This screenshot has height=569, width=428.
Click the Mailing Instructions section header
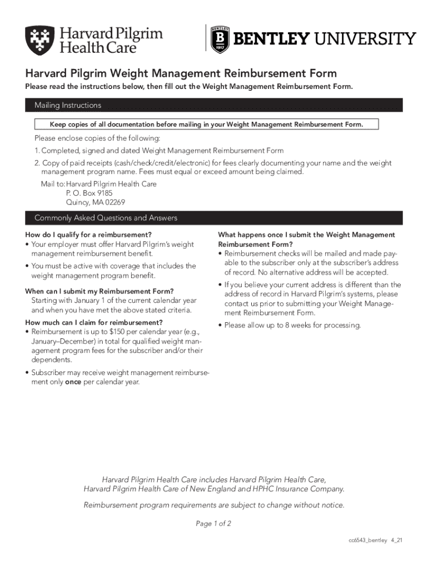click(x=68, y=105)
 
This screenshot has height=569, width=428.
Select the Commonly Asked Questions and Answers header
click(x=106, y=218)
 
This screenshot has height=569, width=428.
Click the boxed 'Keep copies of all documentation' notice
click(x=206, y=124)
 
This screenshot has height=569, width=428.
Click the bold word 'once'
click(x=73, y=382)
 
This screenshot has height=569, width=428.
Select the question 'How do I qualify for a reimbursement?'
click(x=89, y=235)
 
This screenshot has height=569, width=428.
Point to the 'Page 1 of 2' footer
click(x=213, y=523)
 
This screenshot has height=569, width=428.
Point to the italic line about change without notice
click(x=213, y=505)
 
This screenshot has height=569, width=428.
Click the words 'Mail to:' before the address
click(x=52, y=183)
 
